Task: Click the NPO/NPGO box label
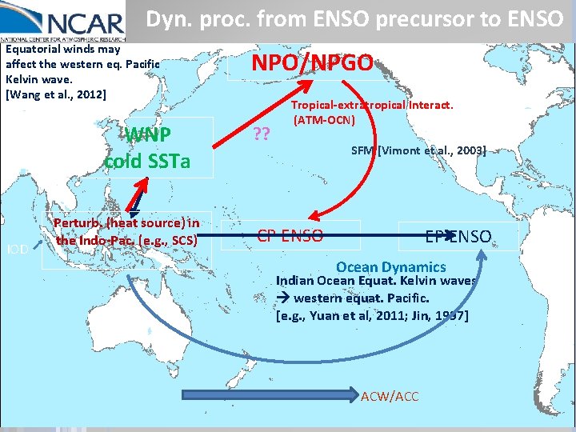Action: point(313,62)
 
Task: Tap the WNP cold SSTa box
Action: point(147,147)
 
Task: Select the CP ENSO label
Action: point(290,235)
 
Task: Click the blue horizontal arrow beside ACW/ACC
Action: point(272,394)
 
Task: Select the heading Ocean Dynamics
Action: point(391,267)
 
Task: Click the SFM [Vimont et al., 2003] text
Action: point(418,150)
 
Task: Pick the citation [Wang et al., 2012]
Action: point(55,94)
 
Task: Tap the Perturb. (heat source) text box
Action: point(128,231)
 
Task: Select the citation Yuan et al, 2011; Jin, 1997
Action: point(372,315)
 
